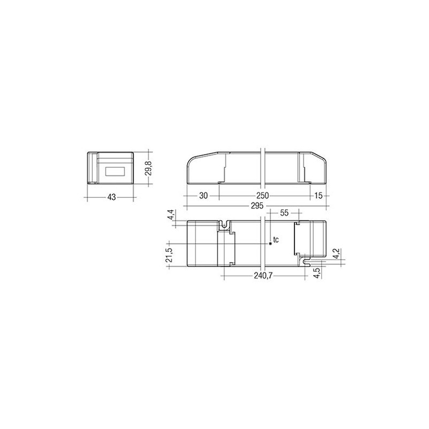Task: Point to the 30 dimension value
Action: pos(203,196)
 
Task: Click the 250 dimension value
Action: pos(263,196)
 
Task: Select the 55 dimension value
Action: pos(284,213)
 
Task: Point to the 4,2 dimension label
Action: pos(336,253)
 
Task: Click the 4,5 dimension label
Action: pos(317,273)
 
